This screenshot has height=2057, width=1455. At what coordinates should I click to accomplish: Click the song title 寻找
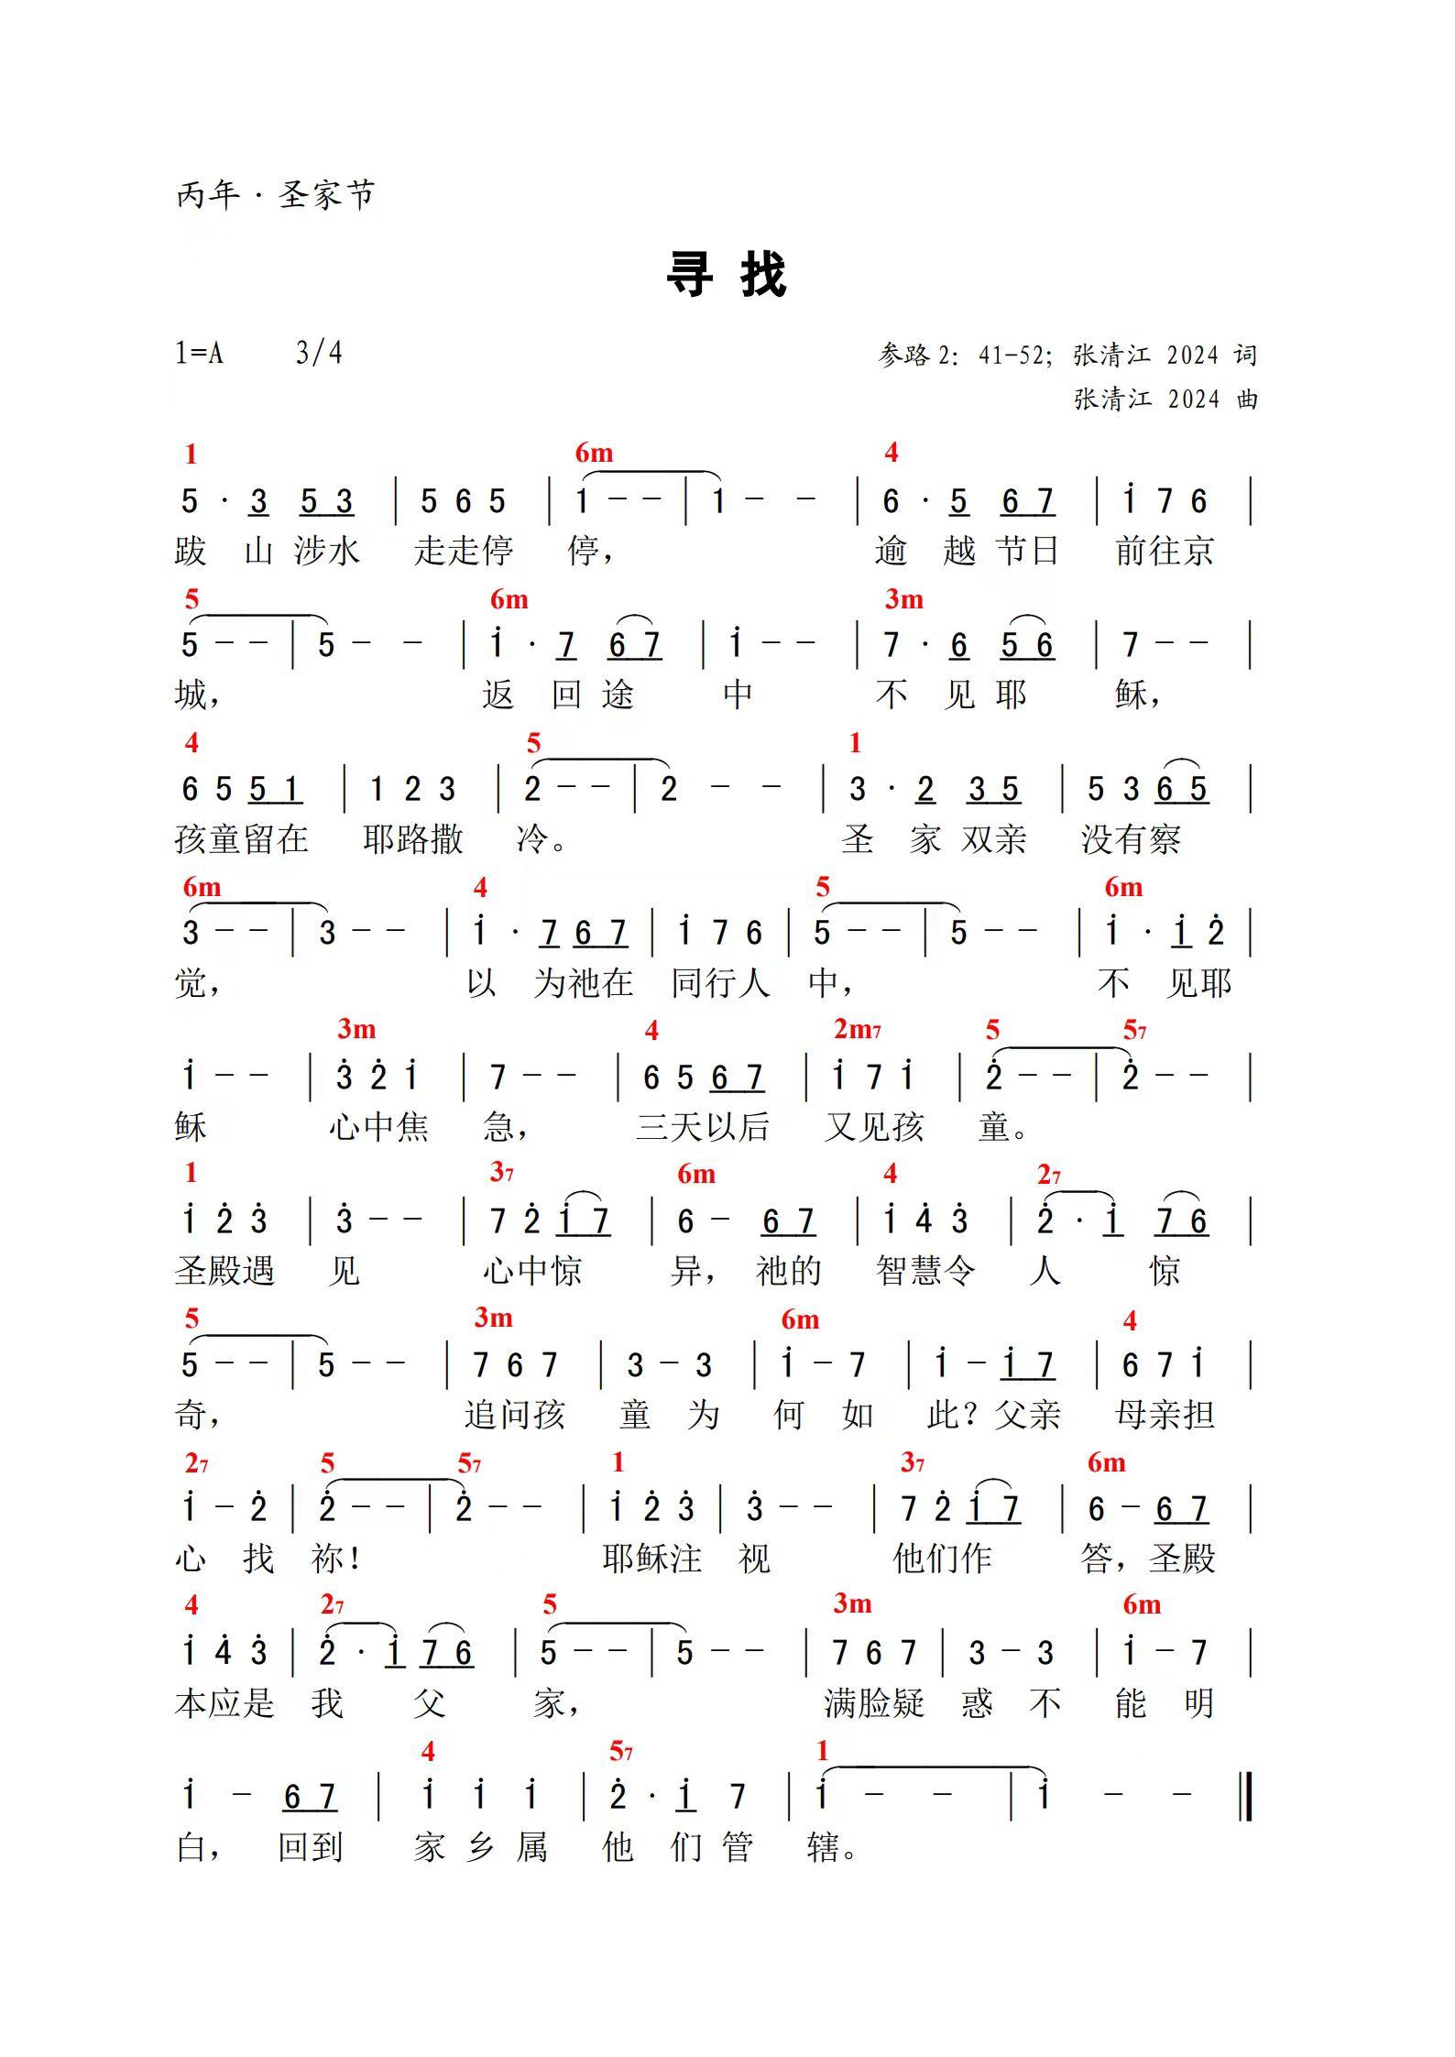[x=726, y=274]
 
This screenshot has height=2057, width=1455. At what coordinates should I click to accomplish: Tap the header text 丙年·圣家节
[x=275, y=195]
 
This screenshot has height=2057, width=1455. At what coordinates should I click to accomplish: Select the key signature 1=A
[x=200, y=353]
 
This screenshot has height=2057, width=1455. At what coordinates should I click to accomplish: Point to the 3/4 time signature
[x=319, y=353]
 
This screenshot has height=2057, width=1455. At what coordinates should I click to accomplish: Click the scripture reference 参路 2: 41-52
[x=963, y=356]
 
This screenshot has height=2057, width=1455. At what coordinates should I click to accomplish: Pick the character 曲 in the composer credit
[x=1247, y=399]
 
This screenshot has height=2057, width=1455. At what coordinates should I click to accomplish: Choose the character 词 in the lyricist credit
[x=1245, y=356]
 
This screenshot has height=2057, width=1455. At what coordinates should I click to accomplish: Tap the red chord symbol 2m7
[x=857, y=1030]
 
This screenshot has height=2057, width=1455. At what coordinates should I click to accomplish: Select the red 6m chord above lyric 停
[x=594, y=454]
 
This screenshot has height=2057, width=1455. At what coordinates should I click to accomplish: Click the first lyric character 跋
[x=191, y=551]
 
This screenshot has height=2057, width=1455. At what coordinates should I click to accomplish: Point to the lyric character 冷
[x=533, y=839]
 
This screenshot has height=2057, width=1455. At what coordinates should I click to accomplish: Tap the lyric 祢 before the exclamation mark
[x=327, y=1559]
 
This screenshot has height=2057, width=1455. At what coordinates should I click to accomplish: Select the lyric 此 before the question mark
[x=943, y=1416]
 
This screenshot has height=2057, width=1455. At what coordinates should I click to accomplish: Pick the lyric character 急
[x=499, y=1127]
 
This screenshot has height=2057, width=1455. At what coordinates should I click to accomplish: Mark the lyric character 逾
[x=891, y=551]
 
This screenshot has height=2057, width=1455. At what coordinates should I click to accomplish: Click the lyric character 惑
[x=977, y=1703]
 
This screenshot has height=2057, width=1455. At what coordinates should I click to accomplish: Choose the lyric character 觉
[x=191, y=983]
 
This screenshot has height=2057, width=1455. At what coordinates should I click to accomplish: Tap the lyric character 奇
[x=191, y=1416]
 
